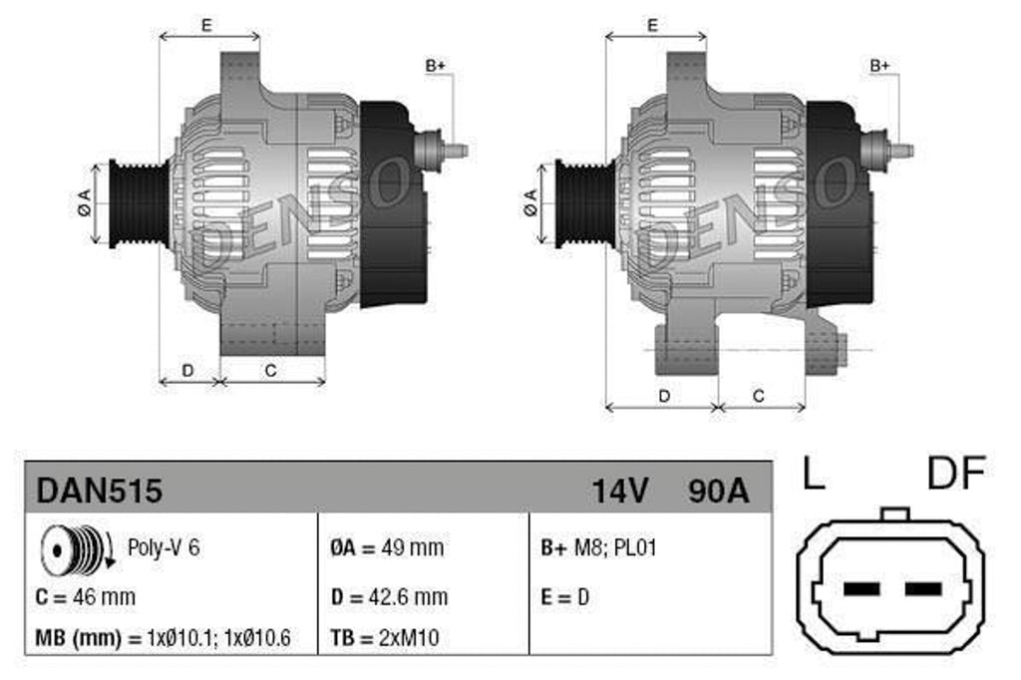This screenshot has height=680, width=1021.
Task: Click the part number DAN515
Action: (100, 490)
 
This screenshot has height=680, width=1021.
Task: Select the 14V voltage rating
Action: (620, 490)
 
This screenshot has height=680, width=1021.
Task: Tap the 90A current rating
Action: (717, 490)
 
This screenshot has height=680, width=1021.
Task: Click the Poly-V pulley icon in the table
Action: (74, 548)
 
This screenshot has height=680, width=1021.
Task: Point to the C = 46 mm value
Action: (85, 597)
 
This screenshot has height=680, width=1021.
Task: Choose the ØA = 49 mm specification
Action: (387, 547)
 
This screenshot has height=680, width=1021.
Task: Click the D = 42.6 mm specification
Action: (389, 597)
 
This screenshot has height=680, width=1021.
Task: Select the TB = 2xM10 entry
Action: (385, 638)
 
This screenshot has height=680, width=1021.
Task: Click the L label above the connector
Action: (814, 475)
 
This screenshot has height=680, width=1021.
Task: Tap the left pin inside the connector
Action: (861, 589)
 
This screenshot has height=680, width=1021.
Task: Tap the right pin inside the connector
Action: (923, 589)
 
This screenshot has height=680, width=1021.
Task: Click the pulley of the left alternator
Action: (135, 203)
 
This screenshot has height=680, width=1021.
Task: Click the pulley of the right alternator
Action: (582, 203)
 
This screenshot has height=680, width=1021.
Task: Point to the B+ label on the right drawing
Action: (879, 66)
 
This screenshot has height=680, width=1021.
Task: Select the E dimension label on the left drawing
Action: (206, 25)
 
